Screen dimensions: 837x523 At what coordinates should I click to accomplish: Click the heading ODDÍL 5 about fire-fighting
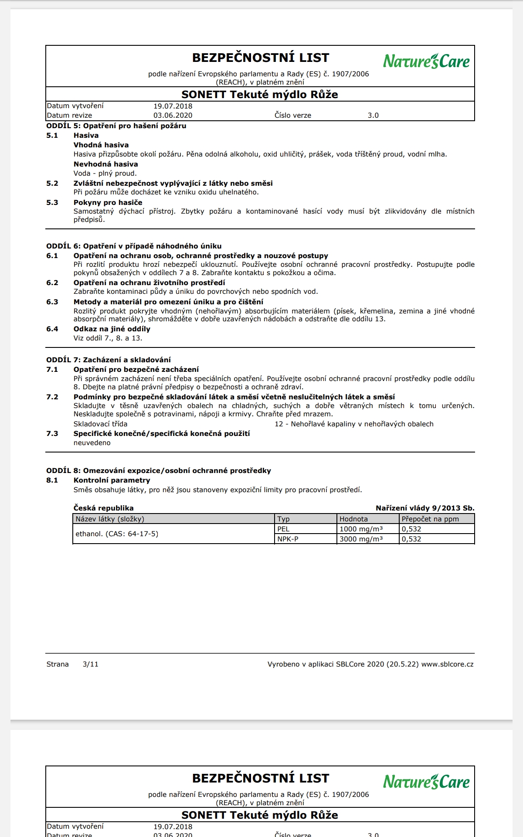click(116, 126)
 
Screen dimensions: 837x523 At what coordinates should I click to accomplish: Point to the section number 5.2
click(52, 184)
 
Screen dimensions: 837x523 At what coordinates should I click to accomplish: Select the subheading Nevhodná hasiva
click(105, 164)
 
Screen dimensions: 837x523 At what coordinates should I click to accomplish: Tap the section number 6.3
click(52, 302)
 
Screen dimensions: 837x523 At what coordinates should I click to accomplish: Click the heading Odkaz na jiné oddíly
click(112, 329)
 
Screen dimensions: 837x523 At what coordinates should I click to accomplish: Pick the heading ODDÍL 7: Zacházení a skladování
click(109, 360)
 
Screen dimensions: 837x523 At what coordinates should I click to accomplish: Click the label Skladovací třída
click(100, 424)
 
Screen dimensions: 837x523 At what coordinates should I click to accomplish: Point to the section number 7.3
click(52, 434)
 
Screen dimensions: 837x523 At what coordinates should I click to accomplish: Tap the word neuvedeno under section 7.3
click(92, 443)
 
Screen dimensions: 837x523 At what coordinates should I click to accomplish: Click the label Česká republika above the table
click(103, 508)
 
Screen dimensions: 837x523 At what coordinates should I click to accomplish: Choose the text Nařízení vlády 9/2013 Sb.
click(425, 508)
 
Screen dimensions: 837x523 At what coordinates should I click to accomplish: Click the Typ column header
click(283, 519)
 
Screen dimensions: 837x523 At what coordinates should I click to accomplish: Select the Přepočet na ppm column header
click(430, 519)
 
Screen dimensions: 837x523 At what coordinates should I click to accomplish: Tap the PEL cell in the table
click(283, 529)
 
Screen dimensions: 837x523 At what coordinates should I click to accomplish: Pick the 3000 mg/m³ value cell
click(361, 539)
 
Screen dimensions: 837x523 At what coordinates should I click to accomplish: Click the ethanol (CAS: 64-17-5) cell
click(117, 534)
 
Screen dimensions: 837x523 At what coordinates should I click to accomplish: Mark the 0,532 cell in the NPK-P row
click(411, 539)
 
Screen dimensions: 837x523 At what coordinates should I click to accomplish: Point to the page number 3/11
click(90, 664)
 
